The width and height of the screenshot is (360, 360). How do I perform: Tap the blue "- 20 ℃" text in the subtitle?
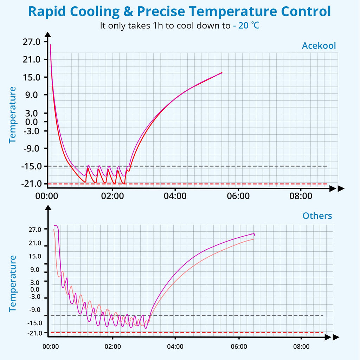pos(246,25)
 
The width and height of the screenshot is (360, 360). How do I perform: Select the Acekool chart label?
pos(319,46)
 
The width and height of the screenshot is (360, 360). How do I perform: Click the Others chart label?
pos(317,216)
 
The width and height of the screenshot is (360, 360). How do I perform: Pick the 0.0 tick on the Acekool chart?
pos(34,122)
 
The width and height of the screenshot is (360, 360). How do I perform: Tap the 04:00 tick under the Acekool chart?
pos(175,196)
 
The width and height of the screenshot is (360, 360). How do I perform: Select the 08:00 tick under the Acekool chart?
pos(301,196)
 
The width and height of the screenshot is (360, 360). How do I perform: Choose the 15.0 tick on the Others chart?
pos(36,256)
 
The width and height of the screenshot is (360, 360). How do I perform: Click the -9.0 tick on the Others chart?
pos(36,310)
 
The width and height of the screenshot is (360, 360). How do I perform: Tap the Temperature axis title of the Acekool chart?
pos(13,114)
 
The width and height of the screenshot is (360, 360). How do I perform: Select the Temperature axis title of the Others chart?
pos(13,283)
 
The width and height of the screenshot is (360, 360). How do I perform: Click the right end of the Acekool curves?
pos(222,73)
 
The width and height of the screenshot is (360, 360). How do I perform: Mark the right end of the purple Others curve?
pos(254,234)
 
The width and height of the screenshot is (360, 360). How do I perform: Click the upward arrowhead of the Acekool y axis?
pos(48,34)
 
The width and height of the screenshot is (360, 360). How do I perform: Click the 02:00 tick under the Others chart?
pos(112,347)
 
